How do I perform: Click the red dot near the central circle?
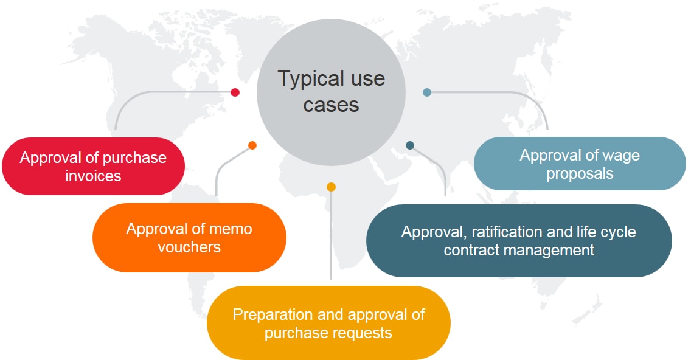pos(235,92)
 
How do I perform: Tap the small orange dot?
pos(252,145)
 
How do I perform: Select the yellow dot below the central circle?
pos(331,187)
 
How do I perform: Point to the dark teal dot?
pos(410,145)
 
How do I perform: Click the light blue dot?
pos(427,92)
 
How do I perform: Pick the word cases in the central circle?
pos(332,105)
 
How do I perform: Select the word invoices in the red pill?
pos(93,176)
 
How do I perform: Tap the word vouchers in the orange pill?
pos(189,247)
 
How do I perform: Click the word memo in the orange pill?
pos(229,229)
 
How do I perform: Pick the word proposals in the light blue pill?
pos(579,173)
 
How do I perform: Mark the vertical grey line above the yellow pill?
pos(331,243)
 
